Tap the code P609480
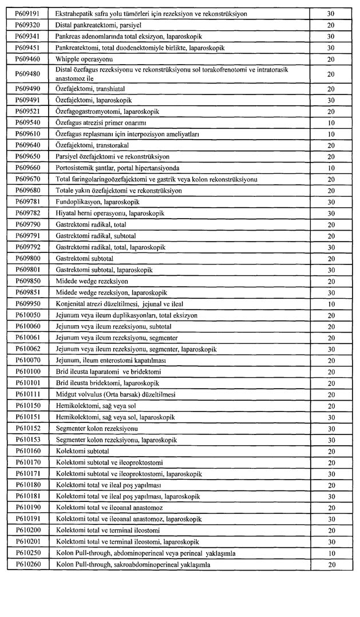click(27, 73)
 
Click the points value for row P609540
click(331, 122)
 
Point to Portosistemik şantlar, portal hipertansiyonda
click(117, 167)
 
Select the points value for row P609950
click(331, 303)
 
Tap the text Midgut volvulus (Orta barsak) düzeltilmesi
click(116, 394)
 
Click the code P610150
click(27, 405)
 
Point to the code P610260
click(27, 564)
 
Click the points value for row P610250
click(331, 553)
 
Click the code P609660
click(27, 167)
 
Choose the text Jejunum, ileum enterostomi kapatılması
click(110, 360)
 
